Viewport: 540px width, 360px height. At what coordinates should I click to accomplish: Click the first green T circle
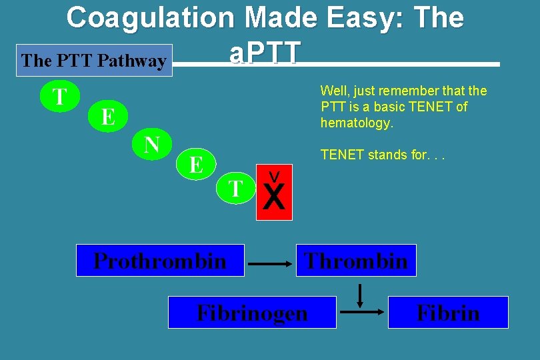pyautogui.click(x=60, y=97)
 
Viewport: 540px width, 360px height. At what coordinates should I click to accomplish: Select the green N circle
pyautogui.click(x=152, y=144)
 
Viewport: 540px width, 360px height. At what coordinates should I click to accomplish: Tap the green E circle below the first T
pyautogui.click(x=107, y=117)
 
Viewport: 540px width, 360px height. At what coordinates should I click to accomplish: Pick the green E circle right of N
pyautogui.click(x=196, y=164)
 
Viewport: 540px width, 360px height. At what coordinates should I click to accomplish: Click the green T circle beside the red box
pyautogui.click(x=235, y=189)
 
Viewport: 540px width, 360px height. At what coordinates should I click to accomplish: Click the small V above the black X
pyautogui.click(x=273, y=176)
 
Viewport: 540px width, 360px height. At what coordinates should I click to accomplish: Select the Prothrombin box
pyautogui.click(x=160, y=261)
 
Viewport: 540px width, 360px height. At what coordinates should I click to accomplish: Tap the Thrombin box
pyautogui.click(x=356, y=261)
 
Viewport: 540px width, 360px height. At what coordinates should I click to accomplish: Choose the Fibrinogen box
pyautogui.click(x=252, y=312)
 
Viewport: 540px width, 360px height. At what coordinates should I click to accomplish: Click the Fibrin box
pyautogui.click(x=448, y=312)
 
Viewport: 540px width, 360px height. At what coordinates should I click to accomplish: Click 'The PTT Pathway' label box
pyautogui.click(x=94, y=61)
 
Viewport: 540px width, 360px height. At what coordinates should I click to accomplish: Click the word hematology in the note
pyautogui.click(x=357, y=123)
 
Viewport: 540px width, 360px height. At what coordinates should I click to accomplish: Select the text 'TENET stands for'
pyautogui.click(x=373, y=155)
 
